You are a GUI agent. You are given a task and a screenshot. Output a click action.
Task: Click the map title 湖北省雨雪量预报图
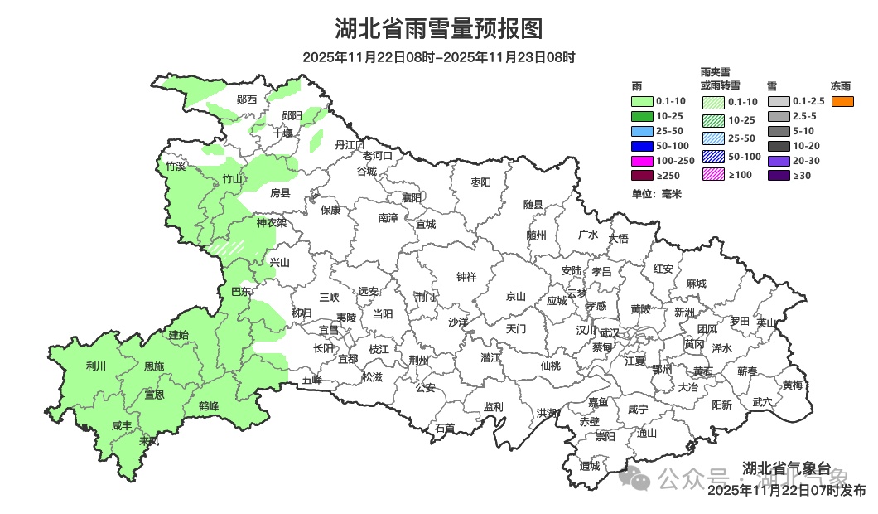(x=438, y=29)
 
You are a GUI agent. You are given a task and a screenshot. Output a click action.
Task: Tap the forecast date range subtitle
(x=438, y=57)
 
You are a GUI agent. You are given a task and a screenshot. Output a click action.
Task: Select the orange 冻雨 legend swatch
(x=842, y=102)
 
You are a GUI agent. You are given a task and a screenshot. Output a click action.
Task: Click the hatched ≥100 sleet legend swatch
(x=714, y=175)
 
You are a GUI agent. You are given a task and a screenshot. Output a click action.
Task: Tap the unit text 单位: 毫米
(x=655, y=194)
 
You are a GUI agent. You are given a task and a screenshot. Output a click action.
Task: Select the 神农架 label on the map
(x=271, y=223)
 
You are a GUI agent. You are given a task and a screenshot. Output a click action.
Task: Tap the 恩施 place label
(x=154, y=366)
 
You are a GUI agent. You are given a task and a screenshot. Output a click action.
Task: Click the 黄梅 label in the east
(x=793, y=385)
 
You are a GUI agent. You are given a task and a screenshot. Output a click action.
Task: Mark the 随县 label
(x=533, y=204)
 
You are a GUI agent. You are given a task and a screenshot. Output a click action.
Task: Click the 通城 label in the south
(x=591, y=466)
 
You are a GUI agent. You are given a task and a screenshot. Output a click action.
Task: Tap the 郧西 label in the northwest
(x=246, y=99)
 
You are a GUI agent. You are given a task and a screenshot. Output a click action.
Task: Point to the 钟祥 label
(x=467, y=278)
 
